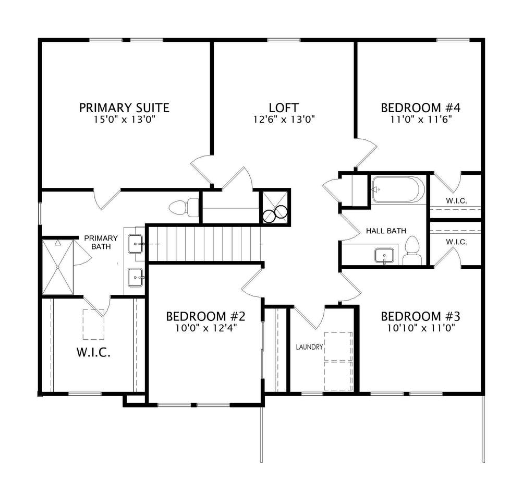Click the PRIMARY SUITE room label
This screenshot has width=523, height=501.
[x=124, y=108]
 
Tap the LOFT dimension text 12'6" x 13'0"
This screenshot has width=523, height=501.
[x=284, y=120]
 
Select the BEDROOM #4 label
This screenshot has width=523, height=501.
[x=421, y=108]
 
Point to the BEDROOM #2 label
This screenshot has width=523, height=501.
[x=206, y=316]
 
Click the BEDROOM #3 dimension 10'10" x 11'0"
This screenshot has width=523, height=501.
[x=421, y=328]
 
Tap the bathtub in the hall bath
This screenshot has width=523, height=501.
[x=398, y=189]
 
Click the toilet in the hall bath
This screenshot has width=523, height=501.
[x=413, y=250]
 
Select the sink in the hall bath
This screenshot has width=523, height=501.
[x=384, y=256]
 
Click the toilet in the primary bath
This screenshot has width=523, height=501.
[x=184, y=208]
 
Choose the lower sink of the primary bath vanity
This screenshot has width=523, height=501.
[x=136, y=278]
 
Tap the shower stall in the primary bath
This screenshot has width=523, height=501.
[x=58, y=267]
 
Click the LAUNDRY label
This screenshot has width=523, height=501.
[x=310, y=347]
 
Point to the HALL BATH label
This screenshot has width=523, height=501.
[x=386, y=231]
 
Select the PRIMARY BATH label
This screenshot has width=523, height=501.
[x=101, y=242]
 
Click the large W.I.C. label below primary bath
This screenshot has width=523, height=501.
[x=93, y=352]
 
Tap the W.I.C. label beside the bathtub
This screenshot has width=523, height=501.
[x=456, y=201]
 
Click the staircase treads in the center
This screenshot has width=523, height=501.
[x=204, y=244]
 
